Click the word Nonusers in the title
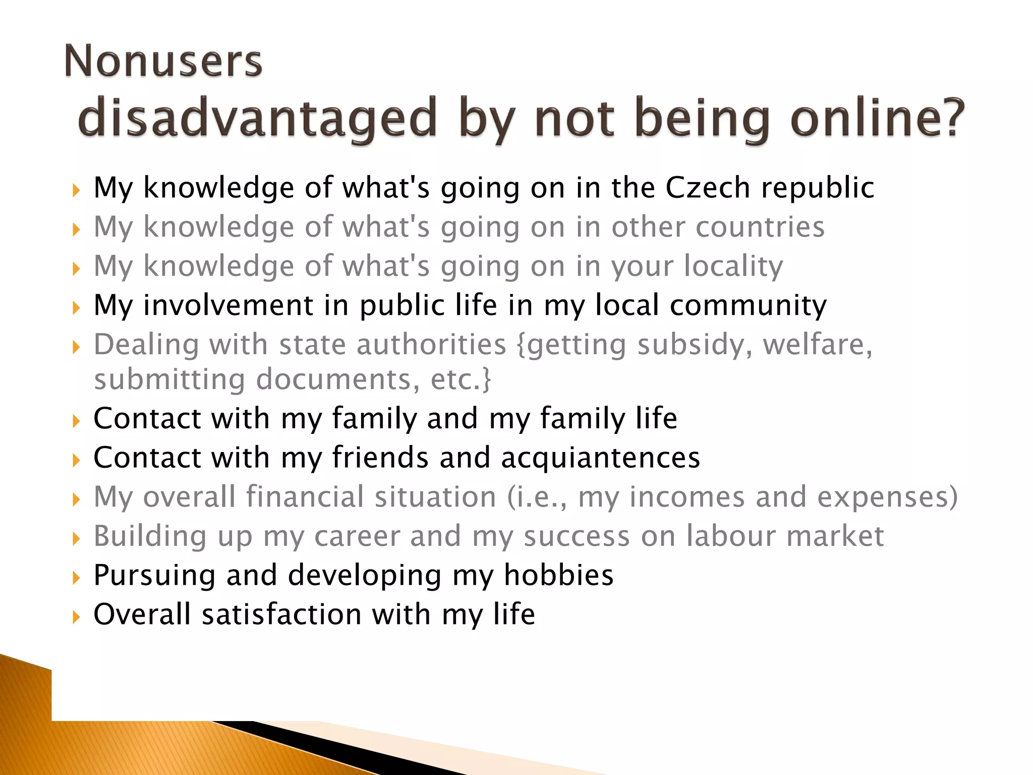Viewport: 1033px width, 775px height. click(x=163, y=61)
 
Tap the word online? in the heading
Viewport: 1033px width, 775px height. click(x=877, y=118)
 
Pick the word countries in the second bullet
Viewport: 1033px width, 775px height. click(x=760, y=227)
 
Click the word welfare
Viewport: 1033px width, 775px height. click(x=817, y=345)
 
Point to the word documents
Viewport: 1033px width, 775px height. click(x=337, y=379)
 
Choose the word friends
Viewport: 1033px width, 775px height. click(x=380, y=458)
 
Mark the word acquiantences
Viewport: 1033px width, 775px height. click(x=600, y=458)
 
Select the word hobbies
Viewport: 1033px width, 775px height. click(x=558, y=575)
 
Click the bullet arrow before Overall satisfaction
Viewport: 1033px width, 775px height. click(x=76, y=616)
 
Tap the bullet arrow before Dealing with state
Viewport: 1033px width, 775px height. click(x=76, y=347)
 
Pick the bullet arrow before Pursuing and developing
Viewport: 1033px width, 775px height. click(x=76, y=577)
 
